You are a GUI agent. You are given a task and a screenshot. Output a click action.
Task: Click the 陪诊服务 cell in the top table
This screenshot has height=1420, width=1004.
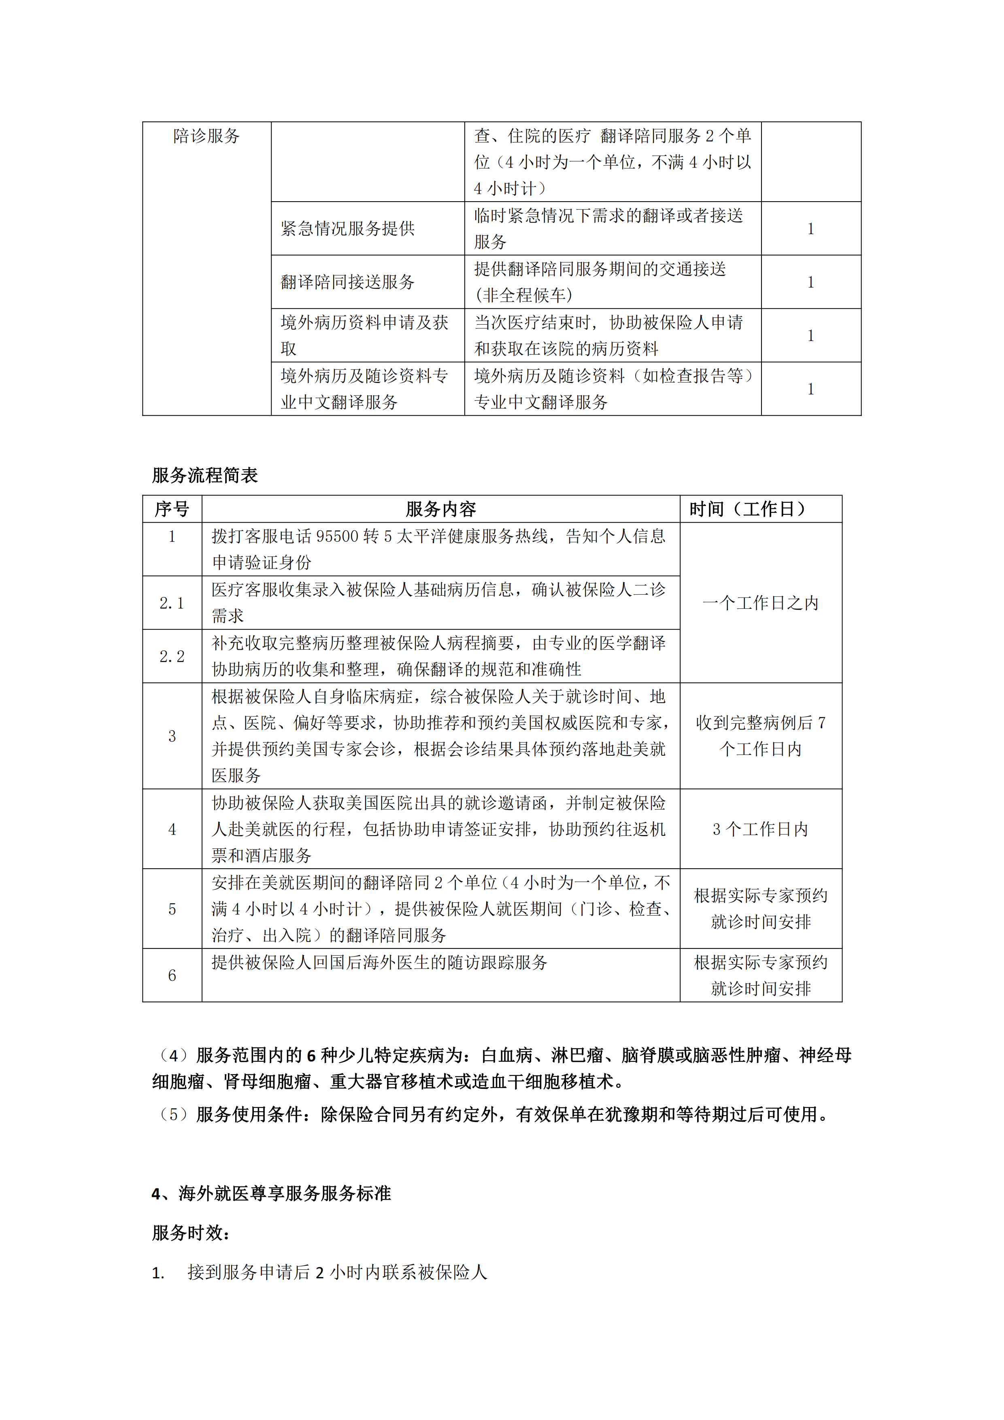point(206,136)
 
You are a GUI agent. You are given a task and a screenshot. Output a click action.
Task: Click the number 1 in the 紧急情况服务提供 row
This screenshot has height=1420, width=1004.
point(810,229)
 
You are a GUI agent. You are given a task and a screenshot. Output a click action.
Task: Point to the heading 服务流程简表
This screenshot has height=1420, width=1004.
point(205,475)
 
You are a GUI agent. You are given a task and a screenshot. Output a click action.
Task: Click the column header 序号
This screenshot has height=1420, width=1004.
point(172,509)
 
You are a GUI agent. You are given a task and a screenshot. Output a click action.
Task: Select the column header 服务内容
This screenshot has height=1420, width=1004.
point(440,509)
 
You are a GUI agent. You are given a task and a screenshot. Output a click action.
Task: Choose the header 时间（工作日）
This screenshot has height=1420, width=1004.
point(749,509)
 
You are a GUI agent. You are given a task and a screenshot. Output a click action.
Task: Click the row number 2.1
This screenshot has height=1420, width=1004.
point(172,603)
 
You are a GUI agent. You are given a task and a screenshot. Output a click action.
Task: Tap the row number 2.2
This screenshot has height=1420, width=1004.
point(172,656)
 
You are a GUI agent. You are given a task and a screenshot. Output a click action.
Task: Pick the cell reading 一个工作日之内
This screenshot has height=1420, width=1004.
point(760,603)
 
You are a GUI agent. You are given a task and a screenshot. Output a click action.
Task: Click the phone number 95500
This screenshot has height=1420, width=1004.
point(338,536)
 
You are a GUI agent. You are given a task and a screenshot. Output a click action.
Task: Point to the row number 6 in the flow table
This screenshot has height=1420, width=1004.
point(172,975)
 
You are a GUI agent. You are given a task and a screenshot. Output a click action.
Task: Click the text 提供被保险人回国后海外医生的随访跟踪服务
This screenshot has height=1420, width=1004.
point(379,962)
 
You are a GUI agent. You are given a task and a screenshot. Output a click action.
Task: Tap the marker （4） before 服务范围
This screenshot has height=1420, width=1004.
point(173,1055)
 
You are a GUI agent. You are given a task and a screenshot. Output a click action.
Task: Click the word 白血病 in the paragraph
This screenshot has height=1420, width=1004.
point(506,1055)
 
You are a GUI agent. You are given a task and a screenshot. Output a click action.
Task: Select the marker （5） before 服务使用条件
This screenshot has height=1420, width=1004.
point(173,1114)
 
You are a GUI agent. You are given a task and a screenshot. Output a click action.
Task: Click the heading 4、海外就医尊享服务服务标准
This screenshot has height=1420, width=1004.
point(271,1194)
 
